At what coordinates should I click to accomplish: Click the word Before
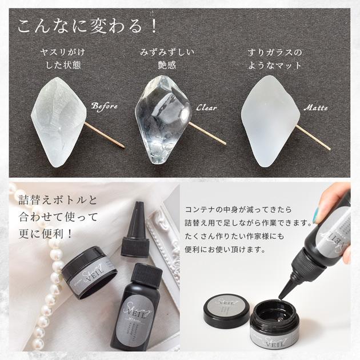[x=104, y=106]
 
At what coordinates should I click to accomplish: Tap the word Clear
[x=206, y=107]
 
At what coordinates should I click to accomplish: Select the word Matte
[x=315, y=107]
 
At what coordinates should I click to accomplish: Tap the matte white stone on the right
[x=269, y=123]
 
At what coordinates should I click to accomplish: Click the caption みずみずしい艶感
[x=167, y=58]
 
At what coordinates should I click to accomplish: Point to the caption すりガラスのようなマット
[x=274, y=58]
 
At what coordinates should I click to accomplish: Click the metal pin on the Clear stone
[x=208, y=133]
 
